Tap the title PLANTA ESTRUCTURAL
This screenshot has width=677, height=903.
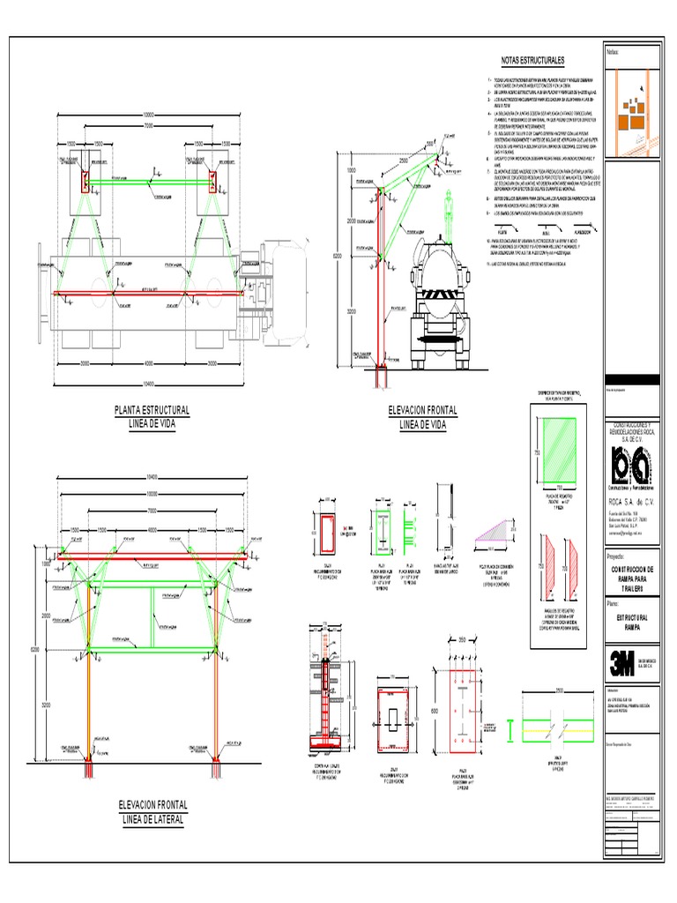click(153, 410)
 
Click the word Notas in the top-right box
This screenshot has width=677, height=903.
click(614, 52)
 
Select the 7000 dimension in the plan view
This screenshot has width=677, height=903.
click(150, 125)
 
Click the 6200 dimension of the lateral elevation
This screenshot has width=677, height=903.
click(36, 651)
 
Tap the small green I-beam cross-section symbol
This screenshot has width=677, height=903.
click(512, 728)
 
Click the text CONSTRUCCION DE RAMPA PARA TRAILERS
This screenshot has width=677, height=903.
click(629, 580)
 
